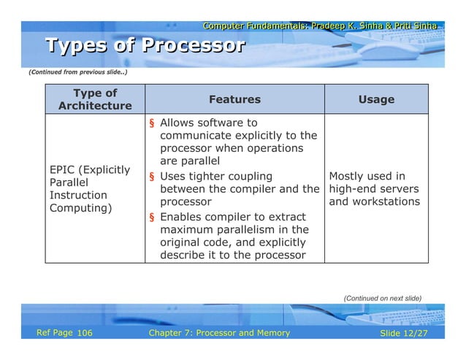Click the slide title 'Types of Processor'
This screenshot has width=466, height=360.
(145, 47)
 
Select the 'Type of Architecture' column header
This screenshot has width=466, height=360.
(95, 99)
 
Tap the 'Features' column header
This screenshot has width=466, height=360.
(234, 99)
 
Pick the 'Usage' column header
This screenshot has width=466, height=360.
(376, 99)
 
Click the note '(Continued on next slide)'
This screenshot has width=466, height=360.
(382, 298)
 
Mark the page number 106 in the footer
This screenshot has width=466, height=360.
(84, 333)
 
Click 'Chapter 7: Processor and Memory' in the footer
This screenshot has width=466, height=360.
(218, 333)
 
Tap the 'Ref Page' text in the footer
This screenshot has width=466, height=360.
(54, 333)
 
